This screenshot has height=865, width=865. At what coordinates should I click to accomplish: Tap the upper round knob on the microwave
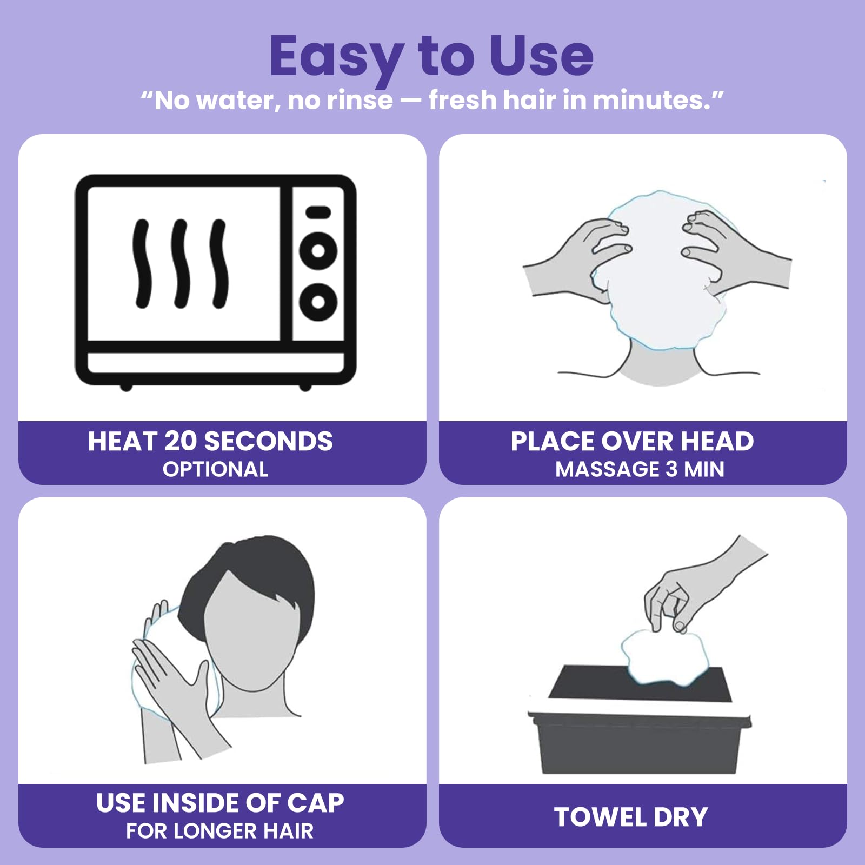click(318, 250)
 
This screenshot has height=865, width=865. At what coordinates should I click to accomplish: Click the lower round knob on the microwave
click(318, 302)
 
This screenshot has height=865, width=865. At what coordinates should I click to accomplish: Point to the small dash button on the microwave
click(318, 212)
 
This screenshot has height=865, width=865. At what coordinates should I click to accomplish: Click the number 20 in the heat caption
click(181, 441)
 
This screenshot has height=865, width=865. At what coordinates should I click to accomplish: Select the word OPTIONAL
click(216, 469)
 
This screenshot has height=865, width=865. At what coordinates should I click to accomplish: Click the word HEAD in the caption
click(717, 441)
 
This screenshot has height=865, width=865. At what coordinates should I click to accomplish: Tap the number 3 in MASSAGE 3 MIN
click(671, 469)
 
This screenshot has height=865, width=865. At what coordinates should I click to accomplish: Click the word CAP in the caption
click(316, 803)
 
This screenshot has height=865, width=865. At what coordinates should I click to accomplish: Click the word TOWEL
click(600, 817)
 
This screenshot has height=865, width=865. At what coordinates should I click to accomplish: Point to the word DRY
click(681, 817)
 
